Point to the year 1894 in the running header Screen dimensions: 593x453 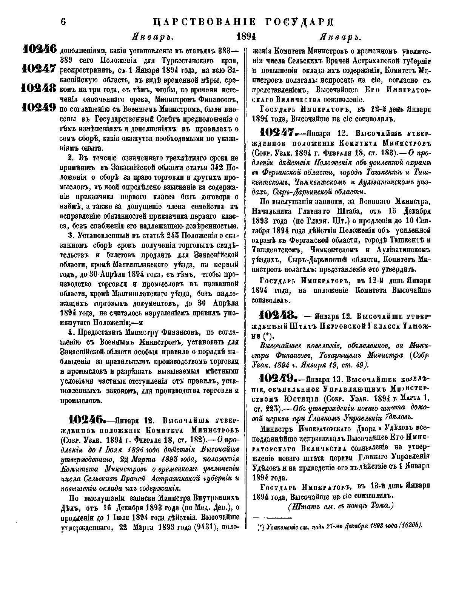[246, 37]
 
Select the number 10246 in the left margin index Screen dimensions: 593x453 [39, 49]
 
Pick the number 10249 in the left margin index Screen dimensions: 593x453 [39, 108]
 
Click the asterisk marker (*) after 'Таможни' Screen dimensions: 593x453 [267, 335]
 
